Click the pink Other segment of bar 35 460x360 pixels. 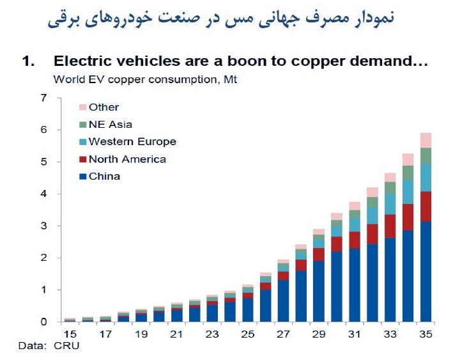tap(425, 141)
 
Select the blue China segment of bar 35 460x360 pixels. tap(425, 272)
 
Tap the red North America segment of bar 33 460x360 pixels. tap(390, 226)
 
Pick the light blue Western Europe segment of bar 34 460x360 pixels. tap(408, 192)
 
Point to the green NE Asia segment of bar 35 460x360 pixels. tap(425, 156)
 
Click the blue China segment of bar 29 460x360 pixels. tap(319, 292)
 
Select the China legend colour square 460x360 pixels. tap(83, 176)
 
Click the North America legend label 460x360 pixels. tap(127, 159)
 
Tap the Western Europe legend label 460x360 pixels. tap(133, 141)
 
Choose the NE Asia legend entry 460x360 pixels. tap(106, 125)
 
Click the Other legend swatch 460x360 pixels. tap(83, 107)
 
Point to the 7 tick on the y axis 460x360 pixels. tap(43, 98)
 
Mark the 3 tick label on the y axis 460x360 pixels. tap(43, 226)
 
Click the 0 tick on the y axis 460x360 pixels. tap(43, 322)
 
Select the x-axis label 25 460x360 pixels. tap(248, 334)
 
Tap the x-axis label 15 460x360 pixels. tap(70, 334)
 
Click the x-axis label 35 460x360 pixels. tap(425, 334)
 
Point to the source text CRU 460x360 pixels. tap(66, 345)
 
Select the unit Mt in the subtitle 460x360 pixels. tap(230, 79)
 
